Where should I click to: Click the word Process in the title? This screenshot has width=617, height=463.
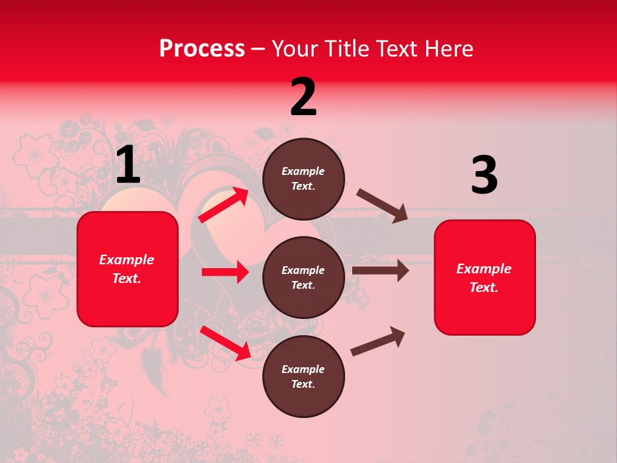(x=202, y=49)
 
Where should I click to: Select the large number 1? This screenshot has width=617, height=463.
(x=128, y=165)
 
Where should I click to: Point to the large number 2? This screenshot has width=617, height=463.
(x=303, y=97)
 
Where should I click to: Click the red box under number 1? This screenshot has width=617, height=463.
(x=127, y=269)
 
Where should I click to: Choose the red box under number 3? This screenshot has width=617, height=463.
(x=485, y=277)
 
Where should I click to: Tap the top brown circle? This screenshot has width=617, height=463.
(x=303, y=179)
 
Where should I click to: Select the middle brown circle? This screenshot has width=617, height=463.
(x=303, y=277)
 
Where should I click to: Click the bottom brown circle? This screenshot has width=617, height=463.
(x=303, y=376)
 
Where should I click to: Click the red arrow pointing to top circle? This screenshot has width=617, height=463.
(x=224, y=204)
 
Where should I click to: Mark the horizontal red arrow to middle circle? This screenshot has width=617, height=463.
(x=225, y=272)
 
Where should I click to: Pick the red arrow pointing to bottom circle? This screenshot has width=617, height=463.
(x=225, y=343)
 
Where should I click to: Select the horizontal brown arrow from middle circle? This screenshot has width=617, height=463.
(x=380, y=271)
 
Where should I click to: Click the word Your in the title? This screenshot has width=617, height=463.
(x=293, y=49)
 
